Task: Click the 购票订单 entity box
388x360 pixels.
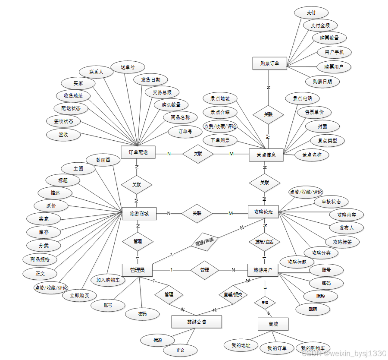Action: [269, 64]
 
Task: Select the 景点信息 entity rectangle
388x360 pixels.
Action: [266, 155]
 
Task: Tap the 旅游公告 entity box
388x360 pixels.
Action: [197, 322]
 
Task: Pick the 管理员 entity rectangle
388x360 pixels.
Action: [138, 270]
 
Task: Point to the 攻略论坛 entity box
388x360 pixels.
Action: [263, 212]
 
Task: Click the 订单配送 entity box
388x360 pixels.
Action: [138, 152]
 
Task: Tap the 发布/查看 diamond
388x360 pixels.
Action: [264, 242]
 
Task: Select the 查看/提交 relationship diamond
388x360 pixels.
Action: [233, 294]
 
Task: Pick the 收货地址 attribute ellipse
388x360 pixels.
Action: [73, 95]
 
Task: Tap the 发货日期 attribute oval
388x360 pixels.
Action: [150, 79]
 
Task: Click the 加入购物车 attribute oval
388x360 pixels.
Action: [108, 280]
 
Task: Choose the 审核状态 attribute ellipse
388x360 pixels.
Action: [331, 201]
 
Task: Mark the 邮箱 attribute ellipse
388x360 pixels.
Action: [312, 309]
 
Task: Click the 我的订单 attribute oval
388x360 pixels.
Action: [277, 348]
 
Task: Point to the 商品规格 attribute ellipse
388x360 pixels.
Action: [41, 259]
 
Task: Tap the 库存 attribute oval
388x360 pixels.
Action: [44, 232]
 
